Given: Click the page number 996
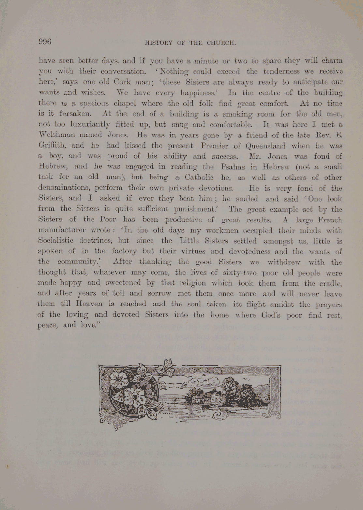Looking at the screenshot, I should click(x=45, y=42).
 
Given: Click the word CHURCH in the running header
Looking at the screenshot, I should click(x=221, y=43).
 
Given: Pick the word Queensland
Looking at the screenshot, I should click(x=265, y=146).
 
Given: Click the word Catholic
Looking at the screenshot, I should click(x=199, y=177).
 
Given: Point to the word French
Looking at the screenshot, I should click(x=330, y=220).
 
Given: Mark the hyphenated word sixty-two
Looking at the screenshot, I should click(x=240, y=273).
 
